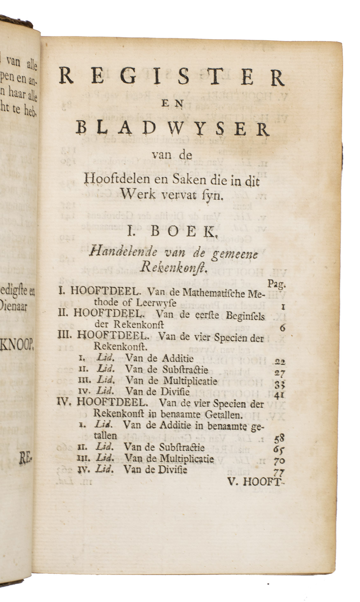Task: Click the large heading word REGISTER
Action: click(172, 78)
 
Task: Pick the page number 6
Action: click(282, 327)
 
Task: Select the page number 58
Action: click(279, 439)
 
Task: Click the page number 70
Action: click(279, 461)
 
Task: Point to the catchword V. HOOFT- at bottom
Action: click(255, 482)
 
